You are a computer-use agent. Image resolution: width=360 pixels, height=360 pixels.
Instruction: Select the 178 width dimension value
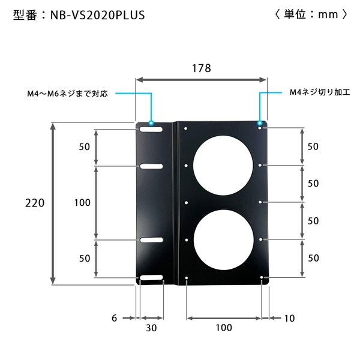click(202, 68)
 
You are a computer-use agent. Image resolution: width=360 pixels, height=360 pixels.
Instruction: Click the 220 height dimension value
click(35, 203)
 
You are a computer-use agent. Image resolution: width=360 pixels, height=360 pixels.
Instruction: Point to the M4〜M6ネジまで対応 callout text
click(67, 94)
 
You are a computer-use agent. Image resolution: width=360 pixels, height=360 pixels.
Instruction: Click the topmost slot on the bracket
click(152, 129)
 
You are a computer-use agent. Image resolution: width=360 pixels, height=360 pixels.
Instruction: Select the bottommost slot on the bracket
click(152, 278)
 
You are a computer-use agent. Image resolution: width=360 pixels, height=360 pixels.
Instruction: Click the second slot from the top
click(152, 166)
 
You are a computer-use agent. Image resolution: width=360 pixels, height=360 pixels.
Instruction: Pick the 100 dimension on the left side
click(82, 203)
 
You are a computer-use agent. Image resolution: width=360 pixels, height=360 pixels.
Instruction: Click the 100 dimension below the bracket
click(223, 328)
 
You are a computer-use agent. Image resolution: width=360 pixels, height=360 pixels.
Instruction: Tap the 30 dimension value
click(151, 328)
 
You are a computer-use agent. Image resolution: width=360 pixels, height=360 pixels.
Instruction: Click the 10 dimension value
click(289, 318)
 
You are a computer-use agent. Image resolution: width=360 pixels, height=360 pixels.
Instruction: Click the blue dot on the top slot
click(151, 122)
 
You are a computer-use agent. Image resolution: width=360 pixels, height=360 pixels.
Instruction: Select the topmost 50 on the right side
click(313, 146)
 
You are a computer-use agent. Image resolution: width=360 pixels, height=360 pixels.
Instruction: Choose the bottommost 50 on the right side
click(313, 258)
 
